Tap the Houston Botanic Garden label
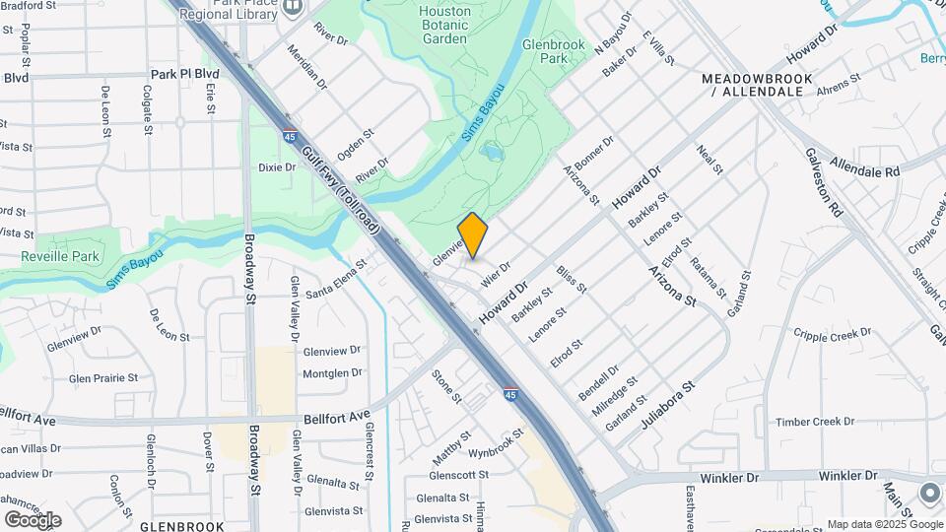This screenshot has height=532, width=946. pyautogui.click(x=443, y=25)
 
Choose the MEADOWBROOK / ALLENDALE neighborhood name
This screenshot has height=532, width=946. pyautogui.click(x=757, y=85)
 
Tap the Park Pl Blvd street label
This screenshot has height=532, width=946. pyautogui.click(x=184, y=74)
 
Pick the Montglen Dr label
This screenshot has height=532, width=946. pyautogui.click(x=333, y=373)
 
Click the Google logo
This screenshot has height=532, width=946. pyautogui.click(x=33, y=519)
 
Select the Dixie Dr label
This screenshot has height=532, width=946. pyautogui.click(x=277, y=167)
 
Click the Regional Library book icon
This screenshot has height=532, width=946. pyautogui.click(x=292, y=8)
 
